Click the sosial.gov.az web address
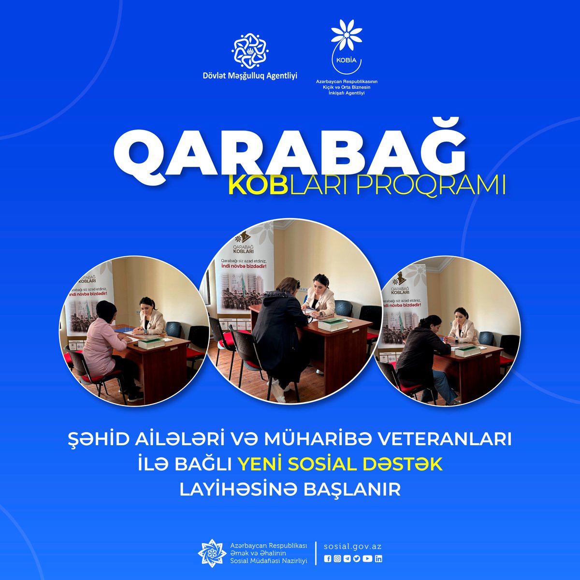tap(353, 547)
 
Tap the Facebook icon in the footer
tap(328, 559)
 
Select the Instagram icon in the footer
tap(337, 559)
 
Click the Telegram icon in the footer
tap(347, 559)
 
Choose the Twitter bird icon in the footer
tap(357, 559)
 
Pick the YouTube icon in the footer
tap(367, 559)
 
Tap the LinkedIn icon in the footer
tap(378, 559)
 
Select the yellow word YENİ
tap(261, 464)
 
